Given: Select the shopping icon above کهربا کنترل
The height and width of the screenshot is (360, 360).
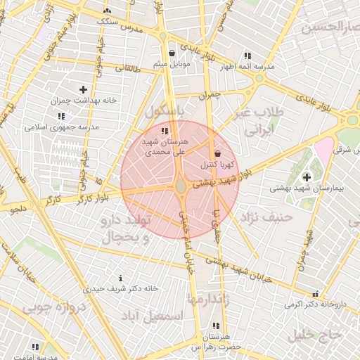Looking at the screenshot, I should [x=217, y=153].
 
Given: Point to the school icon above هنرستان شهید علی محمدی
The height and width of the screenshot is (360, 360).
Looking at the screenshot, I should [x=165, y=131].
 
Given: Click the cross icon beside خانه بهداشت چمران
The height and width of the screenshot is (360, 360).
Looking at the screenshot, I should [x=83, y=89].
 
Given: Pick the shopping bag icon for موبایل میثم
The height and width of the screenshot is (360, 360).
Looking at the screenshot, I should [x=172, y=53].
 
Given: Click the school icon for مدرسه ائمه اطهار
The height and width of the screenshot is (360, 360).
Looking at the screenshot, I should [x=247, y=56].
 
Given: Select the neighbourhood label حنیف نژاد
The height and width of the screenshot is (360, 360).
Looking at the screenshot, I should [x=267, y=217].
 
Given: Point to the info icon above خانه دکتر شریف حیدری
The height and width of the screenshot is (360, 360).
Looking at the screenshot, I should [x=121, y=278].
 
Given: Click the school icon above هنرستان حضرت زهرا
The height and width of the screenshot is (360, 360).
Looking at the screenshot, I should [x=214, y=326].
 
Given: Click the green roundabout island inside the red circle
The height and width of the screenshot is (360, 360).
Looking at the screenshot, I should [x=181, y=186].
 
